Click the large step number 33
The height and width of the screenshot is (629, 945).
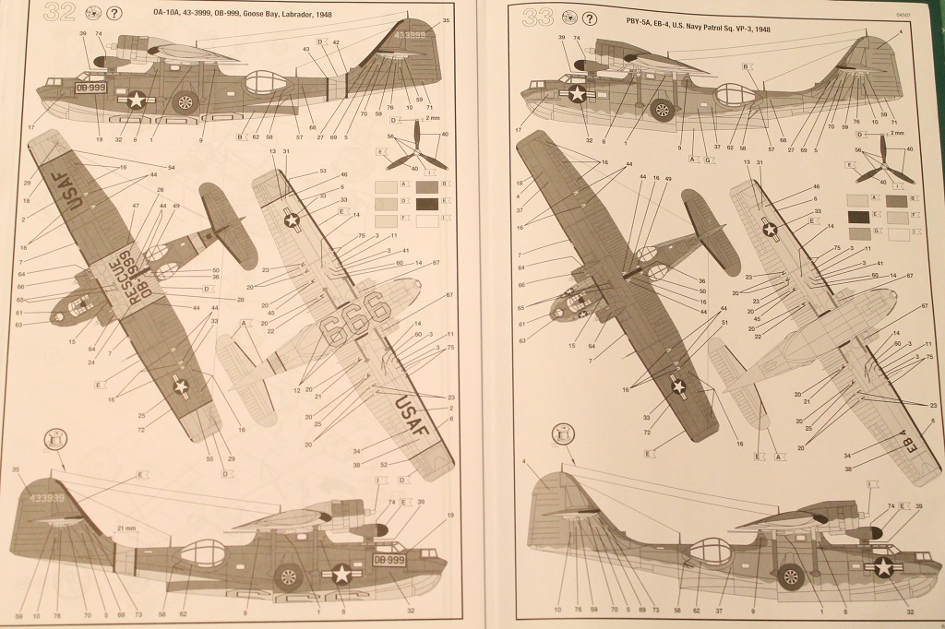tap(538, 18)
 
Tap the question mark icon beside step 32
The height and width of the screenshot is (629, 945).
tap(114, 14)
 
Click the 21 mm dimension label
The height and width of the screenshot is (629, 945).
tap(126, 528)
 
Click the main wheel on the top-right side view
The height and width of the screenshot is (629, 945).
tap(661, 110)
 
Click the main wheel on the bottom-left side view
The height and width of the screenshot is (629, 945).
tap(289, 576)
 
